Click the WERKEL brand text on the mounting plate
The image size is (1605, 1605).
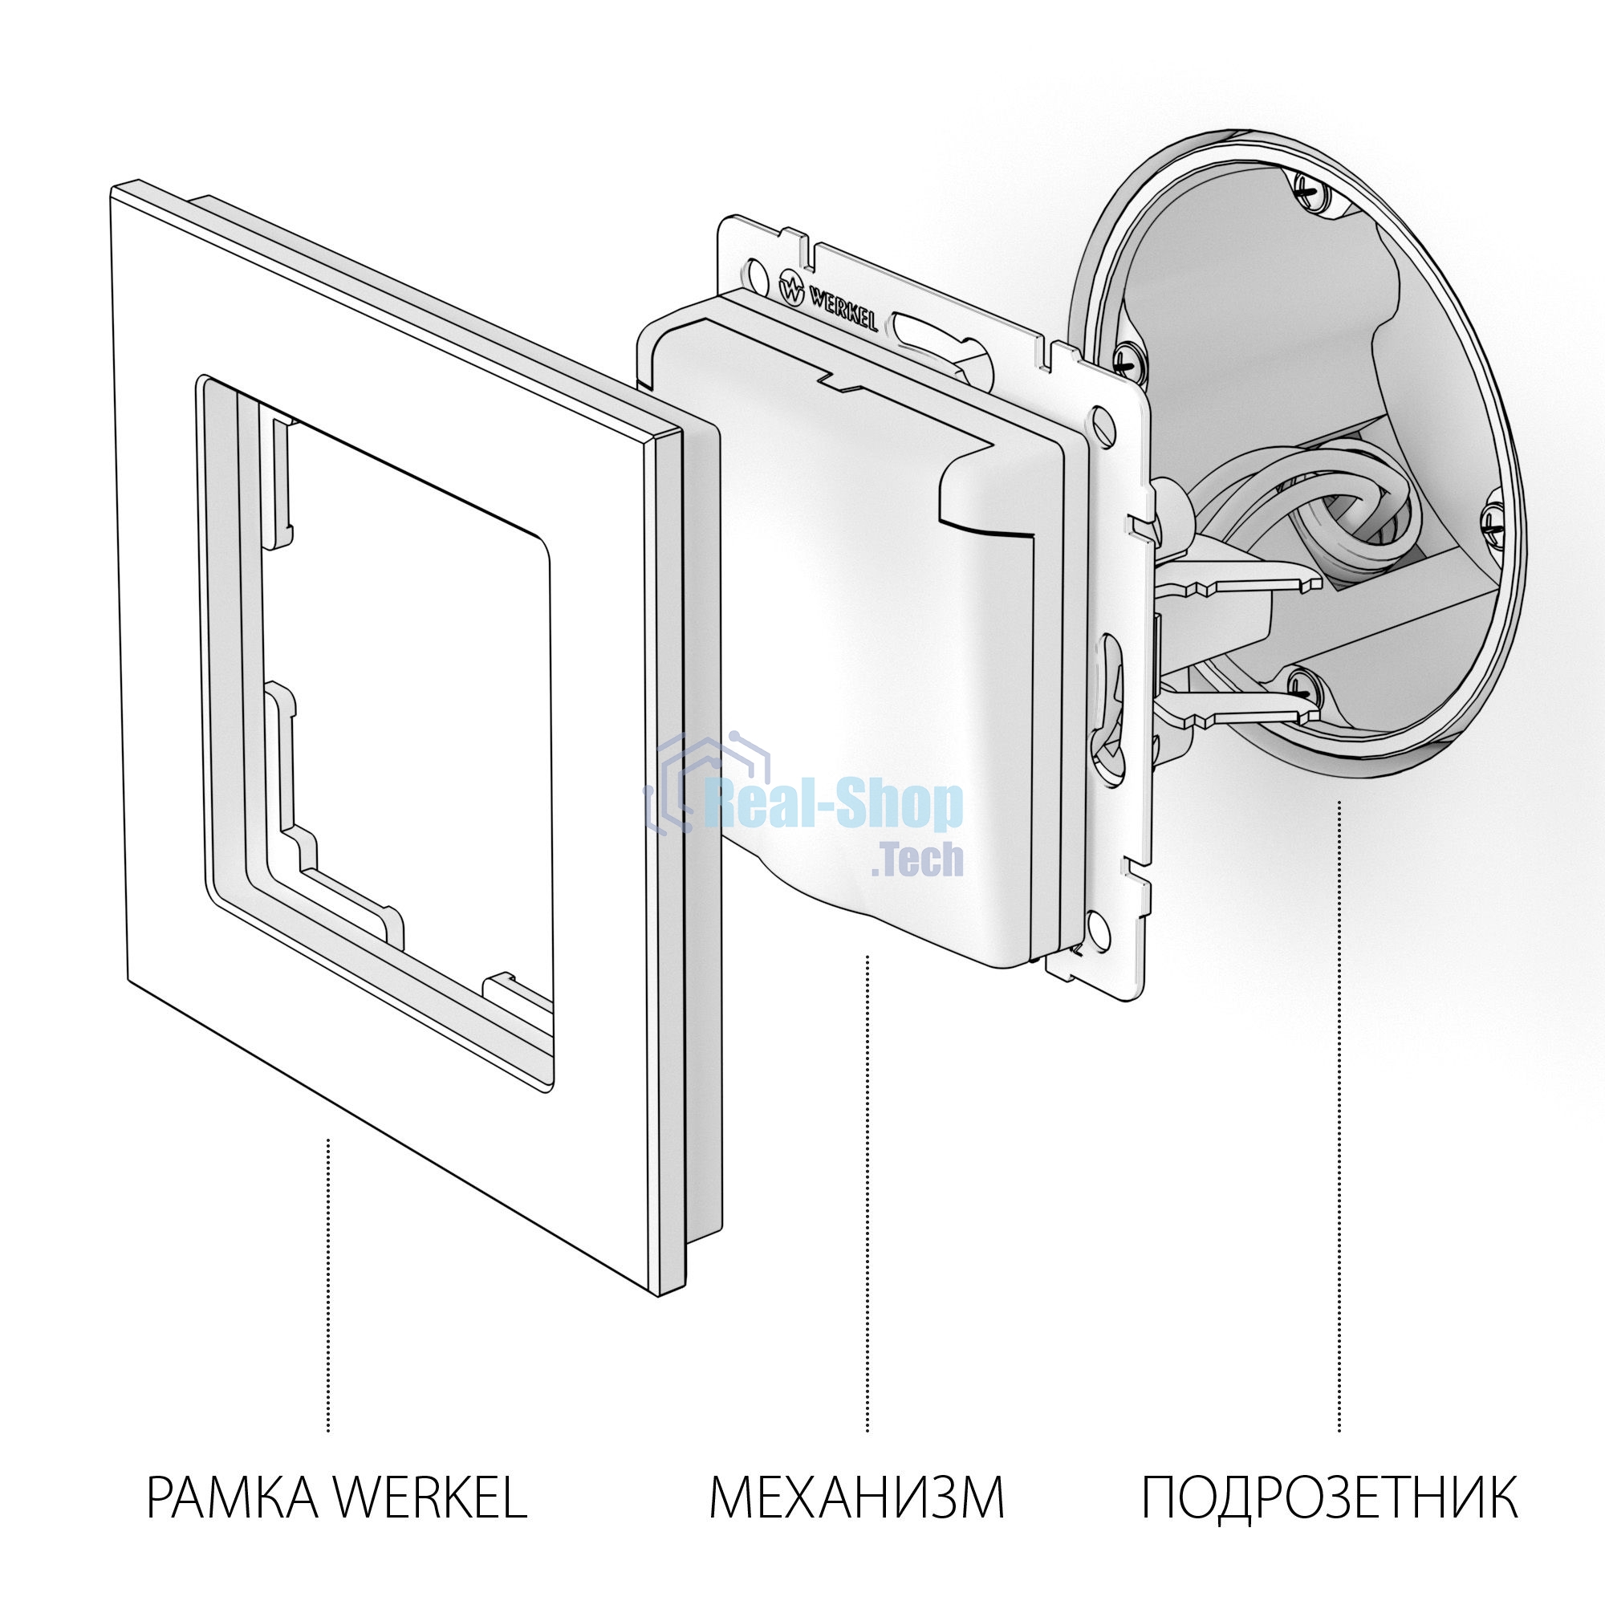(x=843, y=308)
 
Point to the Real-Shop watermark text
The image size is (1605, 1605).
(x=833, y=805)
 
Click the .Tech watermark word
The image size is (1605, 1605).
(x=918, y=859)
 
